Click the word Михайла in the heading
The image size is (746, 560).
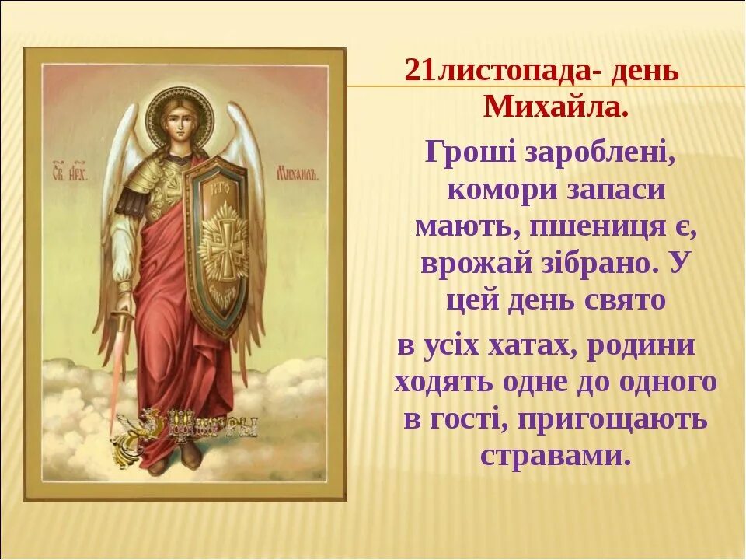pos(555,107)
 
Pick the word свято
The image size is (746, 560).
pos(627,301)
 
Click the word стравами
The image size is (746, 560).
pos(554,455)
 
